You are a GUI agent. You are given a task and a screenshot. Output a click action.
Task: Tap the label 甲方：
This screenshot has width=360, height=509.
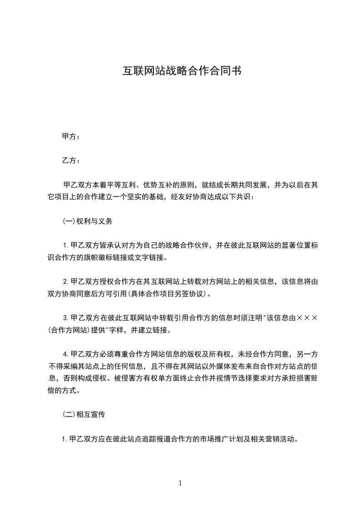70,136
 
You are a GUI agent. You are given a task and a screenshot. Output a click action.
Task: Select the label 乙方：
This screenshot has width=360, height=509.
70,161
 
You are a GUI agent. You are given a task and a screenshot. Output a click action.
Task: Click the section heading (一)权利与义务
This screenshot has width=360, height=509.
87,221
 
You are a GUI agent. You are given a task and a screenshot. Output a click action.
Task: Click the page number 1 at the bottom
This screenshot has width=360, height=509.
180,483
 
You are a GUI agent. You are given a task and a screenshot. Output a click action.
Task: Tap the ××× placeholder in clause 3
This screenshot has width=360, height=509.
307,318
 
